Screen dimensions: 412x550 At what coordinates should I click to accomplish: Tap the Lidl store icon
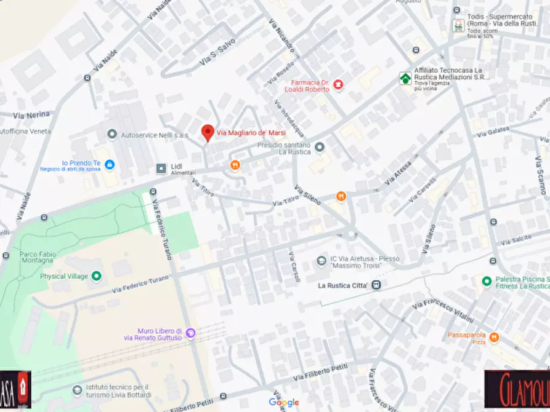coord(161,167)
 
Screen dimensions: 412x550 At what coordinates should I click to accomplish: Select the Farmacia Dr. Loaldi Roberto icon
coord(338,84)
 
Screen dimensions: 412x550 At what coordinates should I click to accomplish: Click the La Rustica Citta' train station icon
coord(376,285)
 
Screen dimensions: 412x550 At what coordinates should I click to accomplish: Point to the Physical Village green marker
coord(97,276)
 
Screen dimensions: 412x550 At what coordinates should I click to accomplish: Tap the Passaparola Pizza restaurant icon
coord(494,338)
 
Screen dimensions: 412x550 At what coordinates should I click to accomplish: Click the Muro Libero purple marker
coord(191,333)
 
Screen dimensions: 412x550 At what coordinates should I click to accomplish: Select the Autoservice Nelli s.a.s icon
coord(112,134)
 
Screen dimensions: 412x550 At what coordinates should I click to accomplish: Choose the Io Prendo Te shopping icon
coord(110,165)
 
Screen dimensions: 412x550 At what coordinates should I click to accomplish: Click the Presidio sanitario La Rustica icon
coord(320,147)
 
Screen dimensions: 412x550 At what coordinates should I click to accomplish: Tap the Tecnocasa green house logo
coord(405,79)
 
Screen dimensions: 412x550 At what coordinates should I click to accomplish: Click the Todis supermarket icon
coord(458,25)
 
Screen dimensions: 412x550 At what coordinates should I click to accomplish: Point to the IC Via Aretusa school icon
coord(321,261)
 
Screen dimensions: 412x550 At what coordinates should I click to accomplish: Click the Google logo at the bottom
coord(283,403)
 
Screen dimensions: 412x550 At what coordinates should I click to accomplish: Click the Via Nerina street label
coord(31,114)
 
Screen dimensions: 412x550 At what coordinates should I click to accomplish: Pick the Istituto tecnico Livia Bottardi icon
coord(76,390)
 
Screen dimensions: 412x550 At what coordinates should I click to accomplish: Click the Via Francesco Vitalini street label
coord(443,311)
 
